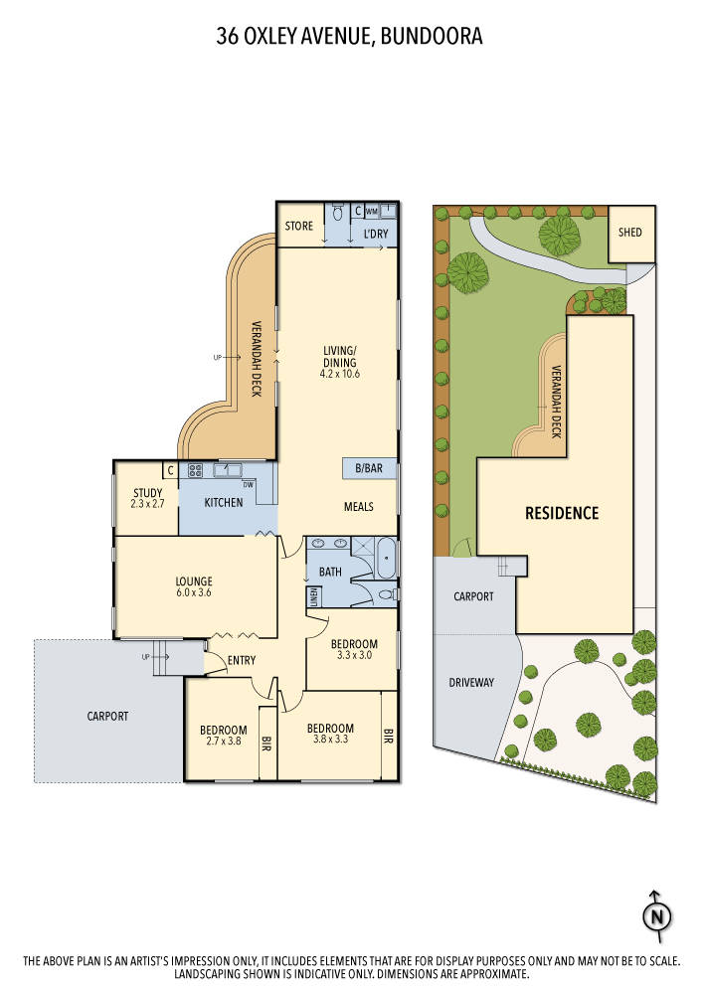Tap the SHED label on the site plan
[x=630, y=233]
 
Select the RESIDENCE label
[x=562, y=513]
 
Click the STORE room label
[x=298, y=227]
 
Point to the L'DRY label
[x=376, y=235]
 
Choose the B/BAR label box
[x=369, y=467]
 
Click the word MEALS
[x=358, y=506]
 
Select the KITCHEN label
[x=224, y=502]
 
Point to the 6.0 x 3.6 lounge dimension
[x=194, y=592]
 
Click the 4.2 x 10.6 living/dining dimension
[x=339, y=374]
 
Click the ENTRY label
[x=242, y=661]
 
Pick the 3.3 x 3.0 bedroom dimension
[x=355, y=656]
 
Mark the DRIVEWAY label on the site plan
[x=471, y=683]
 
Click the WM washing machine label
[x=371, y=212]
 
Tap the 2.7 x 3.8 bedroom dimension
[x=223, y=740]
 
